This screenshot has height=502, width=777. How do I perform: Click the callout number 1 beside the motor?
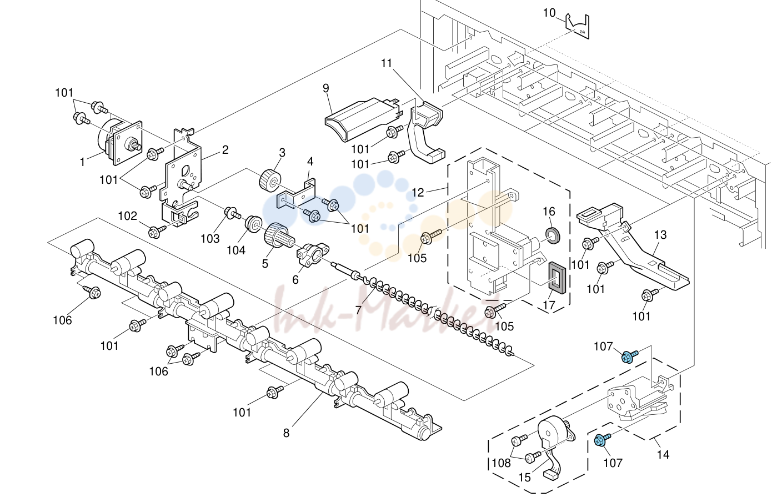coord(83,162)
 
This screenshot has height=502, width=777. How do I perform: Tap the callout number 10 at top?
coord(549,13)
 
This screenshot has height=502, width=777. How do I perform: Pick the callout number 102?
coord(128,216)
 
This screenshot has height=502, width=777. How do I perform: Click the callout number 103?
coord(210,239)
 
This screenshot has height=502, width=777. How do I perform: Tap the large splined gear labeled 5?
coord(278,235)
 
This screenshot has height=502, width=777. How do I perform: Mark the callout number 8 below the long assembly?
coord(286,433)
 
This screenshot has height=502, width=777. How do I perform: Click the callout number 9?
coord(325,88)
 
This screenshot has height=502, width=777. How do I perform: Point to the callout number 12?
coord(418,192)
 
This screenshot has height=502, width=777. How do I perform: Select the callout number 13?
coord(660,235)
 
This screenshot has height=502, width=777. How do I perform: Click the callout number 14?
coord(663,454)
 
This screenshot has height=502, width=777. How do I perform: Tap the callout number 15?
coord(524,478)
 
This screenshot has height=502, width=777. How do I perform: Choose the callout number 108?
coord(501,463)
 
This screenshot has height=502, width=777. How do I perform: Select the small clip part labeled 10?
coord(578,26)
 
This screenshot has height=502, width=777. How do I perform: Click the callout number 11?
coord(387,63)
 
